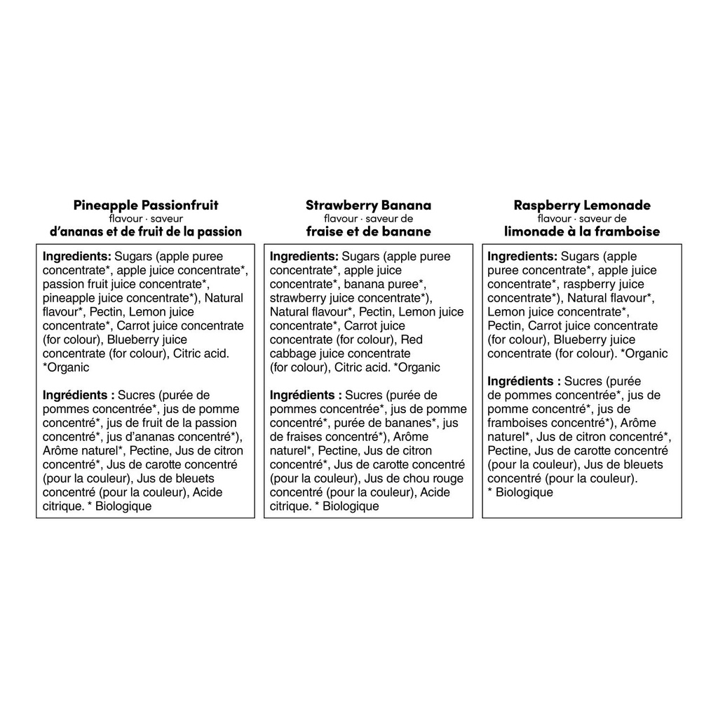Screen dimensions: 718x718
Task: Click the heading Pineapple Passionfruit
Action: click(146, 205)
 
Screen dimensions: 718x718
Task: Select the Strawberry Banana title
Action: click(368, 205)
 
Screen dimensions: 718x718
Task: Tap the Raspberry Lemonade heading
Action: click(582, 205)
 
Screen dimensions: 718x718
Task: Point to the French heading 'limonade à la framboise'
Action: click(582, 231)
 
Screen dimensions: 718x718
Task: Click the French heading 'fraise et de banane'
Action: click(368, 231)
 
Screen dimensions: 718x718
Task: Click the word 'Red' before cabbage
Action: click(412, 339)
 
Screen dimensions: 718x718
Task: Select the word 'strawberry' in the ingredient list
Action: click(299, 298)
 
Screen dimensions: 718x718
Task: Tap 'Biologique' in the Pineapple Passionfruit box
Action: click(123, 506)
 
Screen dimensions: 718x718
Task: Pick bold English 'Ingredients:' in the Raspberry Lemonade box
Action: click(522, 256)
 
